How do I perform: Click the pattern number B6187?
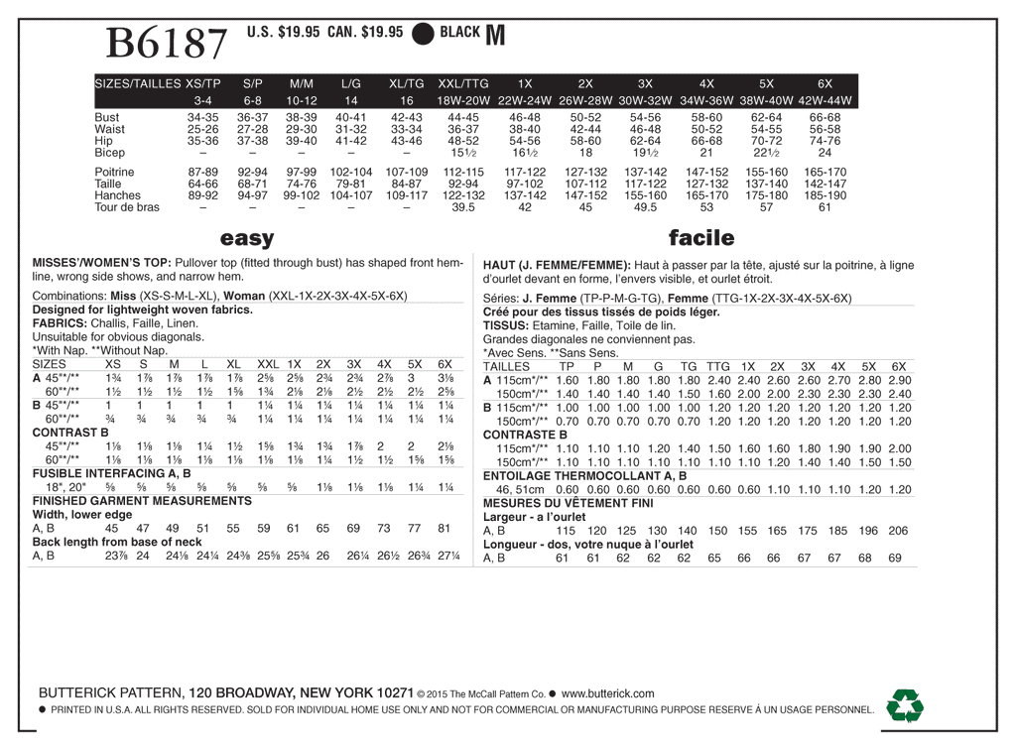click(x=167, y=44)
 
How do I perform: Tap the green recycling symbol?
click(x=904, y=705)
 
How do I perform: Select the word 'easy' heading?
click(x=247, y=238)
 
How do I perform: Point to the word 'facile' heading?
click(x=701, y=238)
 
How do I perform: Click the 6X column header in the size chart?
click(x=824, y=83)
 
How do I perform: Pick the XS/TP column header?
click(x=202, y=83)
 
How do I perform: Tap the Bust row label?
click(x=106, y=117)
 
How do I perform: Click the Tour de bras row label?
click(x=127, y=207)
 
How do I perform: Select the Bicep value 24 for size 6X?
click(x=825, y=153)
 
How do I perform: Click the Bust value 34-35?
click(x=202, y=117)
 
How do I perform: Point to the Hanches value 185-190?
click(x=825, y=195)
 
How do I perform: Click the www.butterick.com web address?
click(x=607, y=693)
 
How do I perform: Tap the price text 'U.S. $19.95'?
click(x=283, y=32)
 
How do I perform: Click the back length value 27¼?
click(x=448, y=557)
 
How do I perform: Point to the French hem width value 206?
click(x=898, y=531)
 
